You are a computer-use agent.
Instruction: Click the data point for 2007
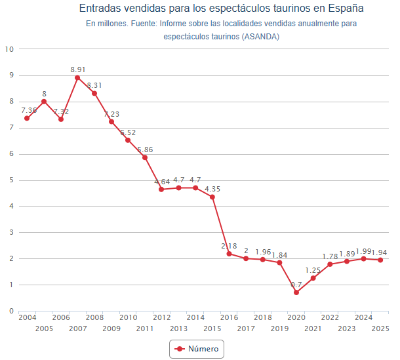77,77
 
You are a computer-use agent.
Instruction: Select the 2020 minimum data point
296,292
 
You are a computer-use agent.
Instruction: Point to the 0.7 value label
296,285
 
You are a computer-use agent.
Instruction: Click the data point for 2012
161,190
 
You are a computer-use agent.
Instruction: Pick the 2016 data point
229,254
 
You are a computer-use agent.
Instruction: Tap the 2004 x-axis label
28,317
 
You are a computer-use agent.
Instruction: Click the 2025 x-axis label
380,329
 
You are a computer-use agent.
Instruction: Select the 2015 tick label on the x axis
212,329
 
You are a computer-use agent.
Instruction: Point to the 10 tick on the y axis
9,49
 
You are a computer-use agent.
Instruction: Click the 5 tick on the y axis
11,180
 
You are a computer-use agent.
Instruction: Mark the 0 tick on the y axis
11,311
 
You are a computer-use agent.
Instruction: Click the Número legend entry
197,349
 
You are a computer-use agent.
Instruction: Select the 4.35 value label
212,190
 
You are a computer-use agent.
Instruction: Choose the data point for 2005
44,102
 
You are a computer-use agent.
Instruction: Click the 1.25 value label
313,270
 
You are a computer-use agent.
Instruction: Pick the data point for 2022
330,264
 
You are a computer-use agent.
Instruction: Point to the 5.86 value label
145,150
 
